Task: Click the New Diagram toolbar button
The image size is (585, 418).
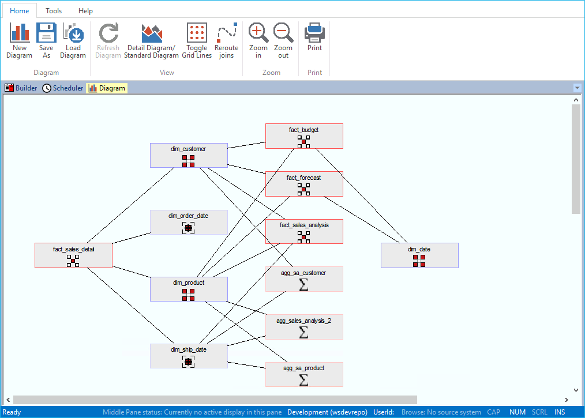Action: click(x=19, y=40)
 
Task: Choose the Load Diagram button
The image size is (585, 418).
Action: click(x=73, y=40)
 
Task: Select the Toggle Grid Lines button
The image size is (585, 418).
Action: click(x=197, y=40)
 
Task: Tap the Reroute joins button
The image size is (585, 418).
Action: click(x=226, y=40)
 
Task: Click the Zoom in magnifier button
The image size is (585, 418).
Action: click(x=258, y=40)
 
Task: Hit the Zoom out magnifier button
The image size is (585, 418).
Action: click(x=283, y=40)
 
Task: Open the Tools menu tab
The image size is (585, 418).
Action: click(x=54, y=11)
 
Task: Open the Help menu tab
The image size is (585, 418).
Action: click(x=85, y=11)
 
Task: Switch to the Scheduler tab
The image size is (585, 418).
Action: click(x=63, y=88)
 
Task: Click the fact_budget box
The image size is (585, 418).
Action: click(x=304, y=136)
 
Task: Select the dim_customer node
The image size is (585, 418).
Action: click(x=189, y=155)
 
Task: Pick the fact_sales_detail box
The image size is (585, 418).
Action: click(x=73, y=255)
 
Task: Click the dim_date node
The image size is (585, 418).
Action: click(x=419, y=255)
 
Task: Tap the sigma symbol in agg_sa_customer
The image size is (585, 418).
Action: click(x=303, y=284)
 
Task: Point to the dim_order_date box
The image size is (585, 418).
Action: click(x=189, y=222)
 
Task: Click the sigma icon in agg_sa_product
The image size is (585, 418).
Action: click(x=303, y=380)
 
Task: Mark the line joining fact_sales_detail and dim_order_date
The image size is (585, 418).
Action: click(x=132, y=239)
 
